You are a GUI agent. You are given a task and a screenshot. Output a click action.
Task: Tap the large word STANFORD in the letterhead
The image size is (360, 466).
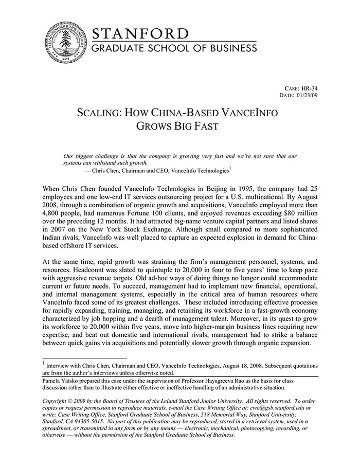point(140,33)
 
